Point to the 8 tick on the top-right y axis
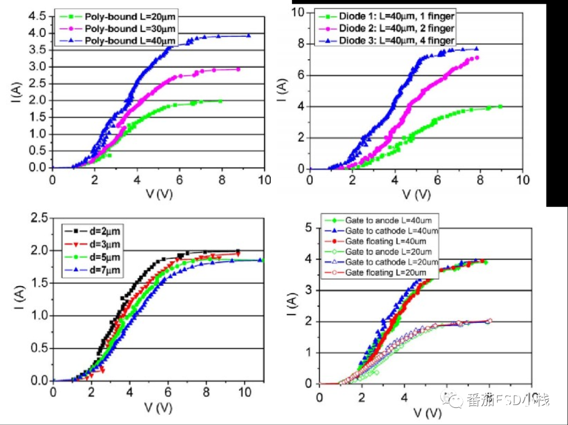point(300,44)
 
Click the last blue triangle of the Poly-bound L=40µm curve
point(248,36)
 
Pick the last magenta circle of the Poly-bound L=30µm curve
point(238,69)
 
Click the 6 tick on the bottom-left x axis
point(168,392)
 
